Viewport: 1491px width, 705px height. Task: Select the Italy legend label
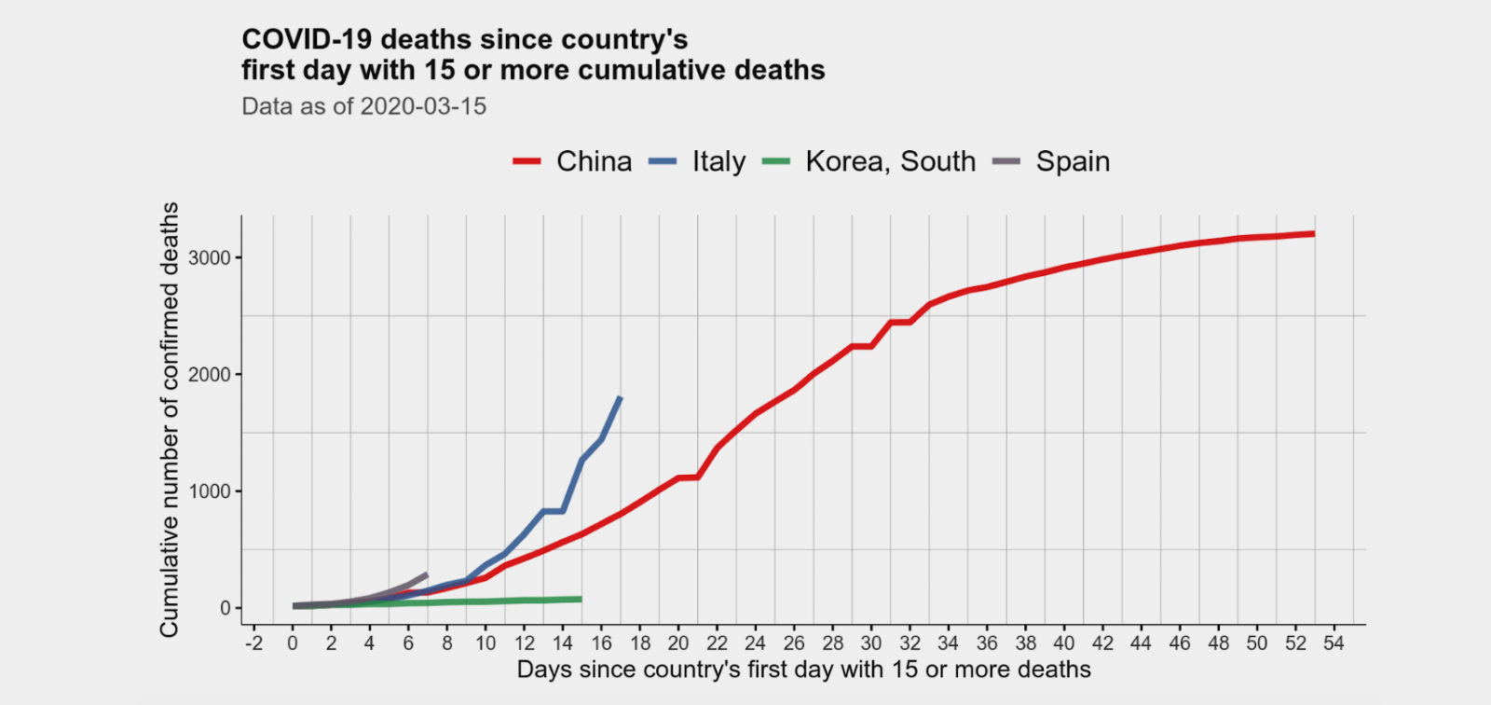pyautogui.click(x=718, y=161)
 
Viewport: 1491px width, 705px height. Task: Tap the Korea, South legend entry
pyautogui.click(x=890, y=161)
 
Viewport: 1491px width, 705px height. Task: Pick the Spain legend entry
pyautogui.click(x=1073, y=161)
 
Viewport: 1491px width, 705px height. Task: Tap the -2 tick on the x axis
pyautogui.click(x=253, y=643)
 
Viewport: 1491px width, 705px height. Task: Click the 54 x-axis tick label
pyautogui.click(x=1334, y=643)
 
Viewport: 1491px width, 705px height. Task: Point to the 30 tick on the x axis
pyautogui.click(x=870, y=643)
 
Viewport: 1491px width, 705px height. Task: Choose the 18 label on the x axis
pyautogui.click(x=639, y=643)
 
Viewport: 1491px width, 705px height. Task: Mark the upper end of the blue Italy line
pyautogui.click(x=621, y=398)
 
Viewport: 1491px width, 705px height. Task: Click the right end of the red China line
pyautogui.click(x=1314, y=233)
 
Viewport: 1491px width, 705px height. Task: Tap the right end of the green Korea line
pyautogui.click(x=581, y=599)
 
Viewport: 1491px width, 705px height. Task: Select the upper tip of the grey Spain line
pyautogui.click(x=427, y=574)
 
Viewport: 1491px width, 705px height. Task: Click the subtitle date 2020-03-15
pyautogui.click(x=423, y=106)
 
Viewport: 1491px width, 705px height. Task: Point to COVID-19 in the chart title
pyautogui.click(x=307, y=39)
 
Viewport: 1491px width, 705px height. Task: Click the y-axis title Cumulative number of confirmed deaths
pyautogui.click(x=169, y=420)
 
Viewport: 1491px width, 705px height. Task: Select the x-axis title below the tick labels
pyautogui.click(x=803, y=670)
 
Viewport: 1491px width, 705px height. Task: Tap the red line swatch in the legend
pyautogui.click(x=527, y=161)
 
